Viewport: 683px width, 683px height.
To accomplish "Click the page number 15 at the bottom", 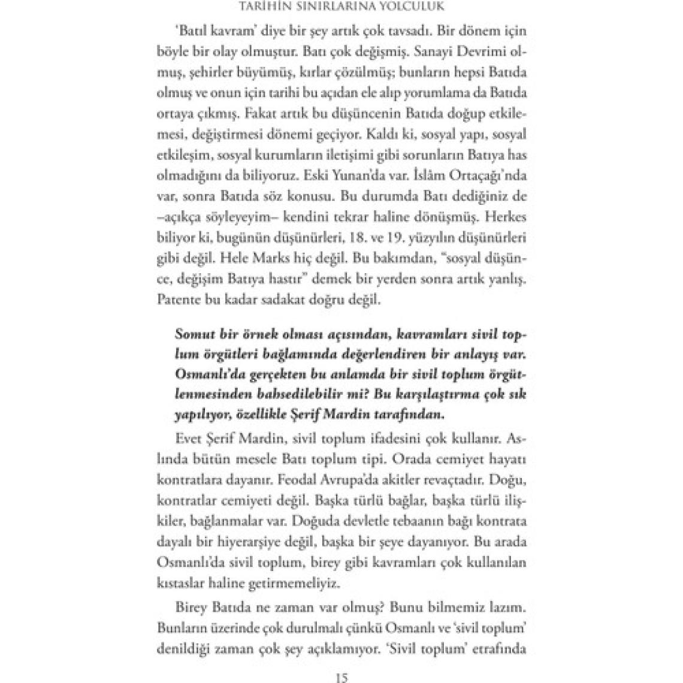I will pos(341,678).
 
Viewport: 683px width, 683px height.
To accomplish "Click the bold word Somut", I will pos(195,334).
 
